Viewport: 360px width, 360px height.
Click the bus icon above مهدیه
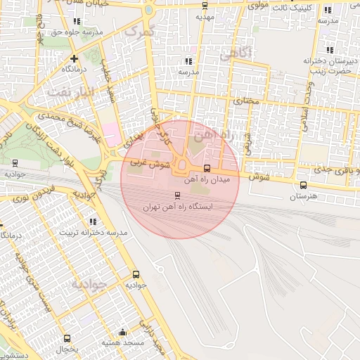(x=205, y=6)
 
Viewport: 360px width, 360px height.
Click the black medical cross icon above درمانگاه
(x=74, y=58)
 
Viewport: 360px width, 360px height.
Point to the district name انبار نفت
(x=70, y=91)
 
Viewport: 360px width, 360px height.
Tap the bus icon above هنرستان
(x=303, y=186)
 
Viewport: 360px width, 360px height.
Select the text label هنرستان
(x=303, y=198)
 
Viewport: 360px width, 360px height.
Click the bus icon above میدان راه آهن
(x=207, y=169)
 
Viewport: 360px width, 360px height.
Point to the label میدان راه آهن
(x=211, y=180)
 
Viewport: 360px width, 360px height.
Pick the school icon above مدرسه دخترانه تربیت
(x=94, y=221)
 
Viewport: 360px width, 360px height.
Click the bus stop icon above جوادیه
(x=135, y=274)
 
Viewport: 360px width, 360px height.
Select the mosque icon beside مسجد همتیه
(x=124, y=332)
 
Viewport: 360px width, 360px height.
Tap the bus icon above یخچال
(x=67, y=338)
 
